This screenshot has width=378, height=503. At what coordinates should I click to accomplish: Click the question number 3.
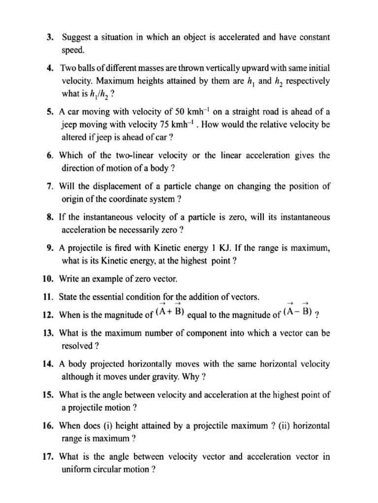tap(50, 37)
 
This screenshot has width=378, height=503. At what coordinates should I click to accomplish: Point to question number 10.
tap(48, 279)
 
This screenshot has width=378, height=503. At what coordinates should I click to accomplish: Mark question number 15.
tap(48, 394)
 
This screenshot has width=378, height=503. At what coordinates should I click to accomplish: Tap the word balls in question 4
tap(97, 68)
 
